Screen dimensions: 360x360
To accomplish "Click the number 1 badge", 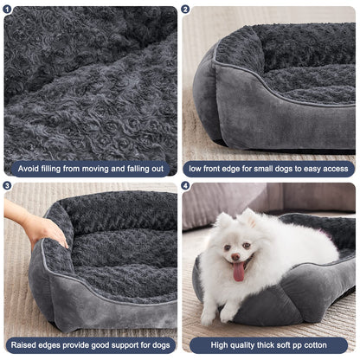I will pyautogui.click(x=8, y=10).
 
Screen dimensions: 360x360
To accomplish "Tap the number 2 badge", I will pyautogui.click(x=185, y=10).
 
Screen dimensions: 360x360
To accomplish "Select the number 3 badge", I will pyautogui.click(x=8, y=185).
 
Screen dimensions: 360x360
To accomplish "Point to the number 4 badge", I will pyautogui.click(x=185, y=185).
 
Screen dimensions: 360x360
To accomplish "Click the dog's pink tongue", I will pyautogui.click(x=239, y=273).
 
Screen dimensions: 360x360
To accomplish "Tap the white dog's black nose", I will pyautogui.click(x=237, y=255).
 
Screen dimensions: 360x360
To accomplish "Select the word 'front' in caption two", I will pyautogui.click(x=217, y=168).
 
